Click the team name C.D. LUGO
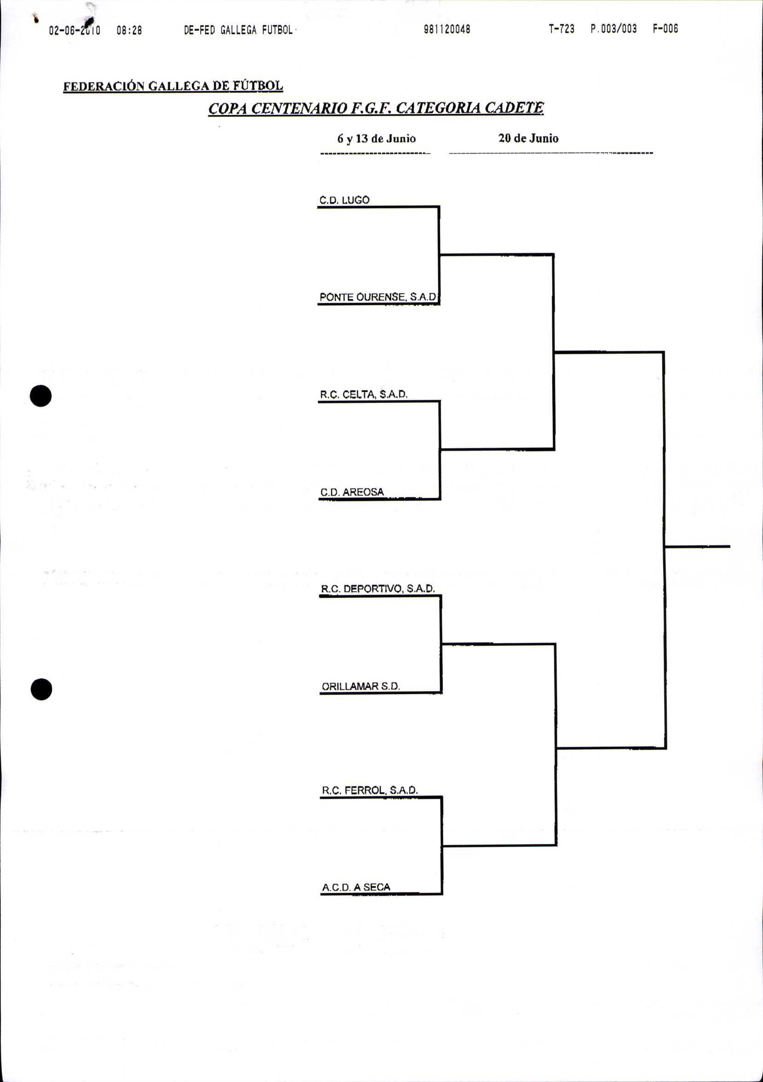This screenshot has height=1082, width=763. coord(344,200)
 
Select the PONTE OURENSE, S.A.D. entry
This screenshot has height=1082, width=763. coord(379,297)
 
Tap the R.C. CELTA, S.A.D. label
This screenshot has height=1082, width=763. coord(363,395)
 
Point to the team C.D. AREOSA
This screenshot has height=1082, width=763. coord(352,492)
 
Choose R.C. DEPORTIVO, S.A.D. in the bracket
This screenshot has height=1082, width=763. coord(378,588)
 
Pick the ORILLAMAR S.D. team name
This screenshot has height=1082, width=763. coord(361,686)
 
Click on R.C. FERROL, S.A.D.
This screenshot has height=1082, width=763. coord(369,790)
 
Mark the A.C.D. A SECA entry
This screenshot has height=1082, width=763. coord(356,887)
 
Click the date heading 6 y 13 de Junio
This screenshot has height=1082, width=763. coord(376,139)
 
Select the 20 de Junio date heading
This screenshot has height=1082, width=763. coord(528,139)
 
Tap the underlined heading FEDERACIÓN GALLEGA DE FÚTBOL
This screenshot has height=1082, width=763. coord(173,86)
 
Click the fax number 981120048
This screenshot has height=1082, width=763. coord(447,29)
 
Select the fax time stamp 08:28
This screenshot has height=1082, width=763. coord(129,31)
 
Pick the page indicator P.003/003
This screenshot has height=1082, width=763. coord(613,29)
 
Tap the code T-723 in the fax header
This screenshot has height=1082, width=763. coord(561,29)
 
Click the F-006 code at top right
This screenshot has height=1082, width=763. coord(665,29)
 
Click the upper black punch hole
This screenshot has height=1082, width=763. coord(41,396)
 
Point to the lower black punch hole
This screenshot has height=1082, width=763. coord(41,689)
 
